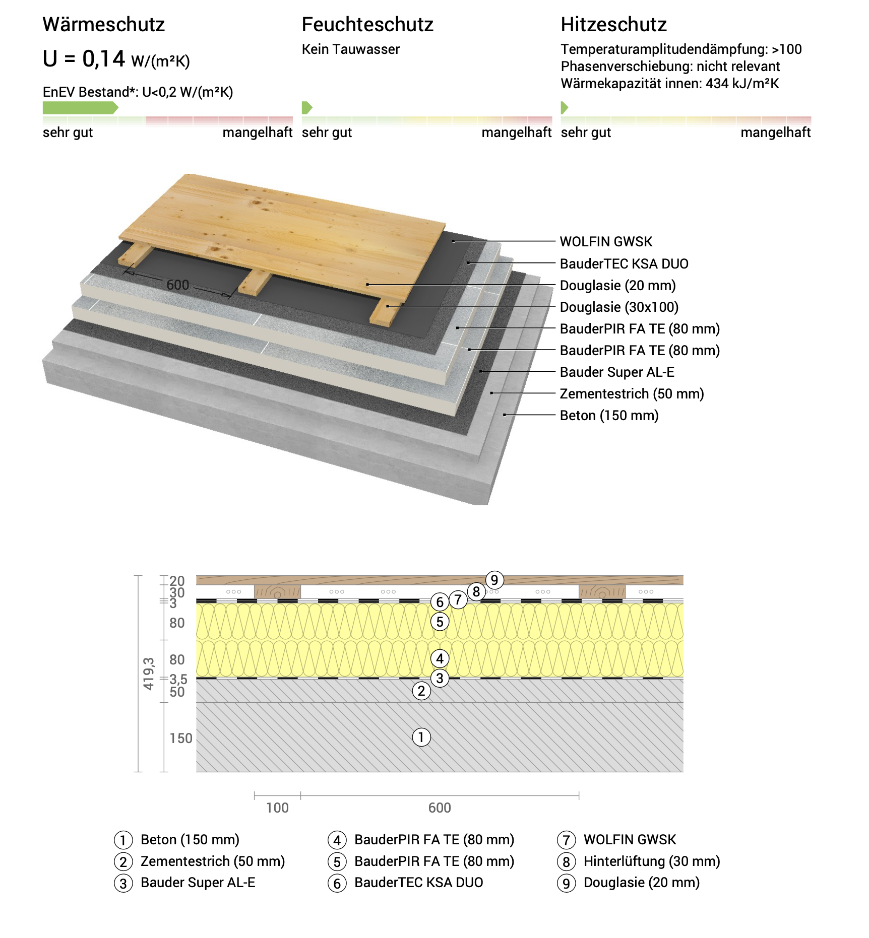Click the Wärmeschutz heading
pyautogui.click(x=104, y=25)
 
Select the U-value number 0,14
pyautogui.click(x=104, y=59)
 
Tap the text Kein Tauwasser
pyautogui.click(x=351, y=49)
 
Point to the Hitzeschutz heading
pyautogui.click(x=614, y=25)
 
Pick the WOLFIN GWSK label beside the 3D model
pyautogui.click(x=606, y=242)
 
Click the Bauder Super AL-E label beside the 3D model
pyautogui.click(x=617, y=372)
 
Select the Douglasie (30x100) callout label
pyautogui.click(x=619, y=307)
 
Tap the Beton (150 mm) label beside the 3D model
pyautogui.click(x=609, y=416)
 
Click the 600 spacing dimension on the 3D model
pyautogui.click(x=178, y=285)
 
